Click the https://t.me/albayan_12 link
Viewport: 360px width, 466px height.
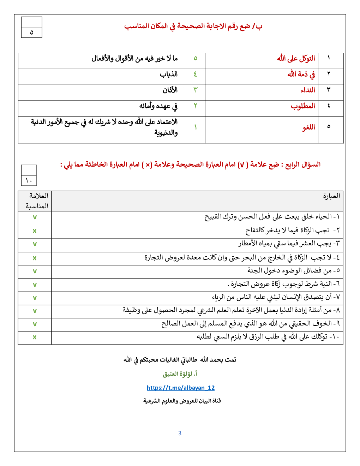click(x=181, y=388)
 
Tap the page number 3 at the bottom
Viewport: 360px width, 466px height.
click(x=180, y=433)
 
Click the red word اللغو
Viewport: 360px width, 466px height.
click(x=308, y=127)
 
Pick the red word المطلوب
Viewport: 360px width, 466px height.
click(x=303, y=106)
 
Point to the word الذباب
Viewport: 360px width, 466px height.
click(x=168, y=74)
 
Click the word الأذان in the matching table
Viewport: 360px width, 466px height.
click(x=170, y=90)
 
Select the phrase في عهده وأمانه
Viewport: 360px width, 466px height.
click(x=158, y=106)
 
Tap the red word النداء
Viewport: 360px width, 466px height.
click(x=308, y=90)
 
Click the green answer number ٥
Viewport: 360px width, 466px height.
click(x=195, y=59)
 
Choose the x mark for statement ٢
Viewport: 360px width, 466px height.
click(x=35, y=231)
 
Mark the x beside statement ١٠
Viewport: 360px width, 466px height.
click(x=35, y=337)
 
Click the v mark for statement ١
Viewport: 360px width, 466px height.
click(x=35, y=217)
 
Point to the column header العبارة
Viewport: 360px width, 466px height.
click(x=331, y=196)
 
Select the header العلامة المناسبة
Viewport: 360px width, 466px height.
click(x=37, y=201)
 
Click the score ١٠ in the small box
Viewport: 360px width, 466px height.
click(x=29, y=181)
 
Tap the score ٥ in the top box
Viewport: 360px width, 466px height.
click(x=31, y=32)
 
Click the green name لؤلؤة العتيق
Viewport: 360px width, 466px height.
click(x=180, y=374)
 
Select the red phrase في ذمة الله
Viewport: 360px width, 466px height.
click(x=301, y=74)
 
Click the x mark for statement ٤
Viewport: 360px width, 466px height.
click(x=35, y=258)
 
